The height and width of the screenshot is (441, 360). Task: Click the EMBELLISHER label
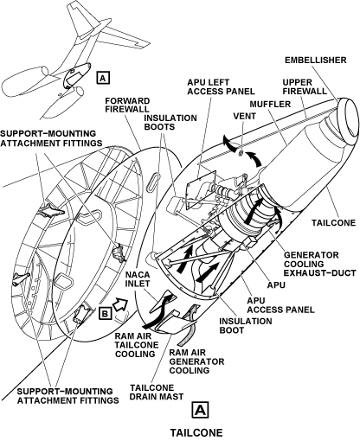pos(316,60)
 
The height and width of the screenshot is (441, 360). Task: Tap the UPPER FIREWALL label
pos(305,86)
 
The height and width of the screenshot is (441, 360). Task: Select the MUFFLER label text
pos(270,104)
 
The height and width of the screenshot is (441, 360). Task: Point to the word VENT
pos(244,116)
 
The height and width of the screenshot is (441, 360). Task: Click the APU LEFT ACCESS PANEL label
pos(221,86)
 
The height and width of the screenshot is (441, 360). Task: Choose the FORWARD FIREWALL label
pos(127,105)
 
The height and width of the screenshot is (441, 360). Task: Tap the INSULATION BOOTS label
pos(170,123)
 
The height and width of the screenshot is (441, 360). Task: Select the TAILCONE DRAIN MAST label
pos(157,392)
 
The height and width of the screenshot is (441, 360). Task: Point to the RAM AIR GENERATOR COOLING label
pos(196,361)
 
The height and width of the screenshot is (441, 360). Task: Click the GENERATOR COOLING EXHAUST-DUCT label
pos(320,264)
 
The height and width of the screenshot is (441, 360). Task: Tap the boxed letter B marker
pos(106,313)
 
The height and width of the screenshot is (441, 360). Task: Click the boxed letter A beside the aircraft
pos(104,77)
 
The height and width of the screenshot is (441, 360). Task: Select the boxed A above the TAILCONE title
pos(200,410)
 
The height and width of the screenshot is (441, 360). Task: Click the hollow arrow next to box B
pos(120,304)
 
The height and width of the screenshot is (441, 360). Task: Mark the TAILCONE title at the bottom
pos(196,432)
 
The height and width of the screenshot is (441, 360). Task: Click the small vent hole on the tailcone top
pos(240,153)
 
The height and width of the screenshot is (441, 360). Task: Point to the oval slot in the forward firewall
pos(153,182)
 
